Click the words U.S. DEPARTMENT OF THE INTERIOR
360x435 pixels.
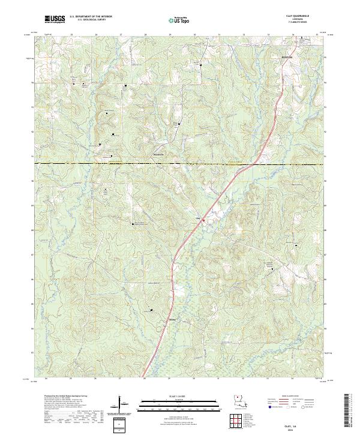point(91,17)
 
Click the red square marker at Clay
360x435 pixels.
point(203,220)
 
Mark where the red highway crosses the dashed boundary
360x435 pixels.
point(256,163)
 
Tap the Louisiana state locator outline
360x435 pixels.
point(239,402)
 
